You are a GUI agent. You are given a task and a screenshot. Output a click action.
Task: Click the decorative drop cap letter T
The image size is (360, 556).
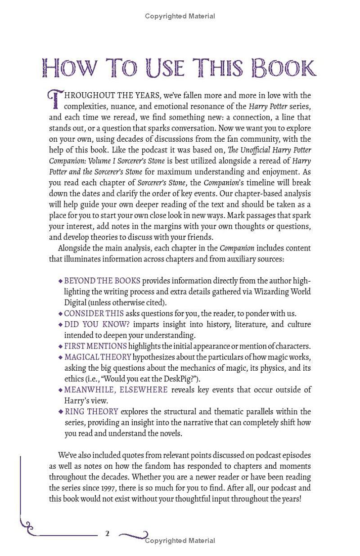pyautogui.click(x=54, y=100)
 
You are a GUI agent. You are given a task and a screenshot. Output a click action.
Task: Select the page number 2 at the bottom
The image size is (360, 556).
pyautogui.click(x=107, y=534)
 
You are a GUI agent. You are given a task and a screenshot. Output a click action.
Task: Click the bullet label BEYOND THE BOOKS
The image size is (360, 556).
pyautogui.click(x=102, y=281)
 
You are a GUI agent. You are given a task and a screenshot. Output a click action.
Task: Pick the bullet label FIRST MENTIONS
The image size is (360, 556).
pyautogui.click(x=95, y=346)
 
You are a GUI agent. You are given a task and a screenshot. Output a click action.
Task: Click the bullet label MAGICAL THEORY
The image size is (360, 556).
pyautogui.click(x=98, y=357)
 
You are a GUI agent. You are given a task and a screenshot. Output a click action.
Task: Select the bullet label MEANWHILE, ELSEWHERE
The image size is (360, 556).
pyautogui.click(x=116, y=390)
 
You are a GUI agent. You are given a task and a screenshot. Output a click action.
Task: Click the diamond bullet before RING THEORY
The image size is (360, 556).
pyautogui.click(x=61, y=411)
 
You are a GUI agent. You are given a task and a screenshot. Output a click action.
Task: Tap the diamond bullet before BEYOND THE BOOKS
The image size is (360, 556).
pyautogui.click(x=61, y=281)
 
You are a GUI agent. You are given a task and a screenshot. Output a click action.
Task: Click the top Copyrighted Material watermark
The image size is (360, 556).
pyautogui.click(x=180, y=16)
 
